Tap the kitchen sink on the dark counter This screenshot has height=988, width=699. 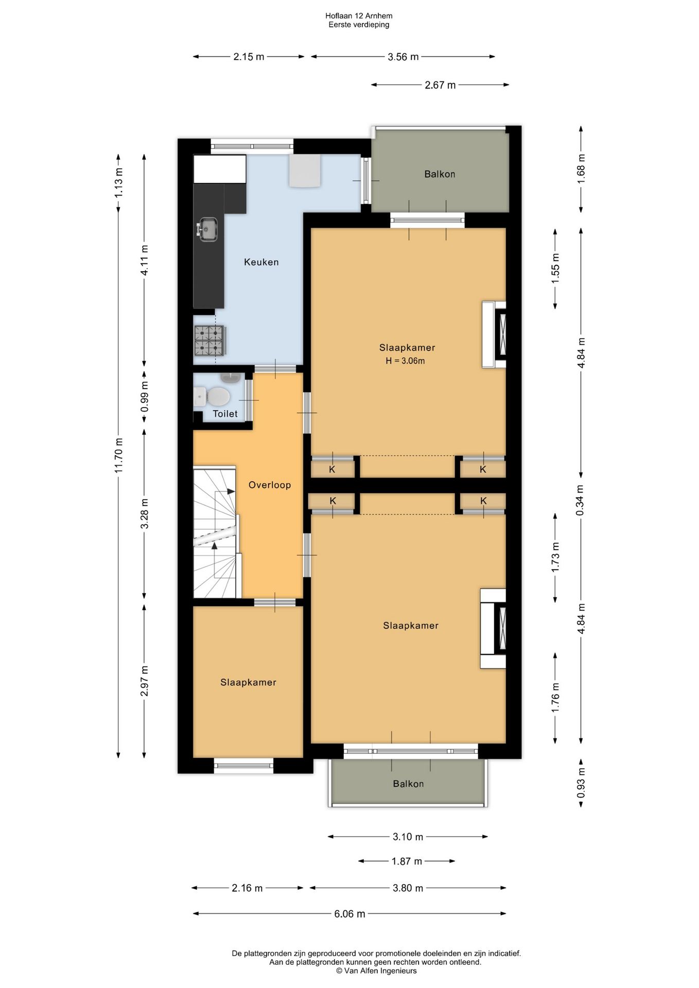(x=208, y=229)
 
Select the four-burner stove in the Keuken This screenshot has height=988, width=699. (x=209, y=341)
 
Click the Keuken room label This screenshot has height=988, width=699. (x=261, y=262)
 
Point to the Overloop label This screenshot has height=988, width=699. (x=270, y=485)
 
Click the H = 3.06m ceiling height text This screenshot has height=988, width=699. (x=406, y=361)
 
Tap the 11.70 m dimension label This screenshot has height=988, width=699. (x=118, y=455)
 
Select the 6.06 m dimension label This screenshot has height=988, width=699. (x=350, y=913)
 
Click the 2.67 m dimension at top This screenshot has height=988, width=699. (x=440, y=85)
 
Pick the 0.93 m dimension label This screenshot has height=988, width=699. (x=581, y=783)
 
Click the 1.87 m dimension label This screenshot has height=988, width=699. (x=407, y=861)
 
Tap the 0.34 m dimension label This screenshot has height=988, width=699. (x=581, y=500)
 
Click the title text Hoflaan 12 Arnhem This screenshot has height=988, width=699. (x=359, y=16)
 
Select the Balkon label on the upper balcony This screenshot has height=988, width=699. (x=440, y=174)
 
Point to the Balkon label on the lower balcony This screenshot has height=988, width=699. (x=408, y=784)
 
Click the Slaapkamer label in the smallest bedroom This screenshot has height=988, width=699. (x=248, y=682)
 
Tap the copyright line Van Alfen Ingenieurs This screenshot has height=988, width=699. (x=376, y=971)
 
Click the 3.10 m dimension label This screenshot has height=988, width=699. (x=408, y=837)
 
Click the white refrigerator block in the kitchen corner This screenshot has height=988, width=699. (x=220, y=169)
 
